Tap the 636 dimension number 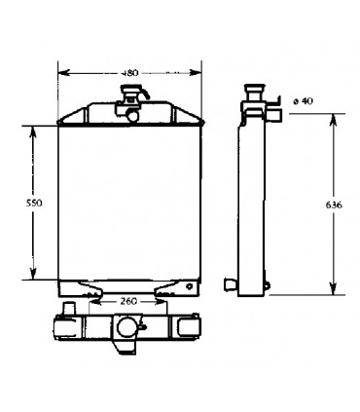(x=335, y=206)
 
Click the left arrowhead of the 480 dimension (x=62, y=70)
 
